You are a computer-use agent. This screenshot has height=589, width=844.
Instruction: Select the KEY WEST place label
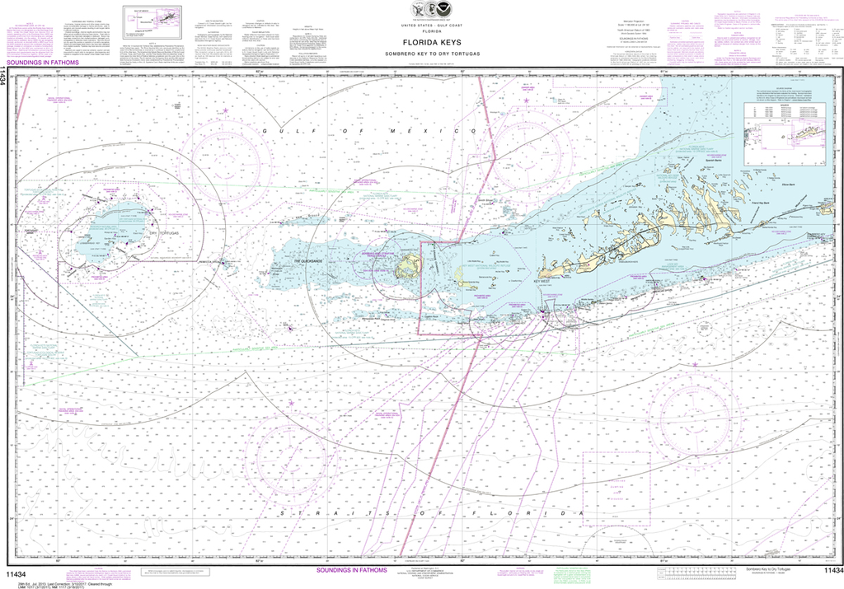(541, 282)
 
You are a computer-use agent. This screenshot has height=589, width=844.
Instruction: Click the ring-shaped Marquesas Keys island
(407, 266)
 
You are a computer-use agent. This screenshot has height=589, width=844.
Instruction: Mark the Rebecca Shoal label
(217, 264)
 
